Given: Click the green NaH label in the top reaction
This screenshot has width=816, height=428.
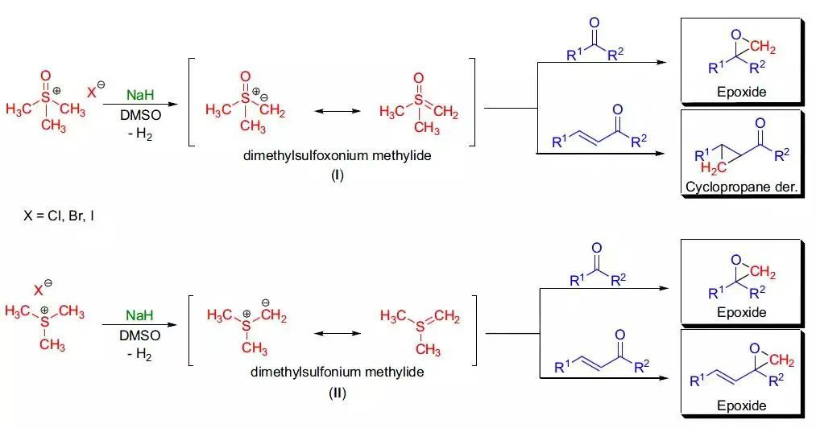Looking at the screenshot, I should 139,95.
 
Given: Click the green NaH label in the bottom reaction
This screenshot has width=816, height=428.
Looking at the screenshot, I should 139,316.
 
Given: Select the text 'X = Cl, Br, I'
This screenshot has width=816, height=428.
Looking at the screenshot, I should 60,216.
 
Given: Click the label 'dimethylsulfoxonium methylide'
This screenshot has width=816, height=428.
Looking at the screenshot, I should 337,156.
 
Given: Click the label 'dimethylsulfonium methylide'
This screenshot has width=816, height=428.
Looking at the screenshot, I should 337,372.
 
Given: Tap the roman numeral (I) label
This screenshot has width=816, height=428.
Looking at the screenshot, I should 337,175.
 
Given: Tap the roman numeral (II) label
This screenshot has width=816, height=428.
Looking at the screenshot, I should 337,393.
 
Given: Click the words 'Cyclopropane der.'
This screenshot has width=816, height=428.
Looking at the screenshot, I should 741,187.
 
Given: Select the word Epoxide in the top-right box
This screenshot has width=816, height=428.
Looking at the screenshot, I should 741,93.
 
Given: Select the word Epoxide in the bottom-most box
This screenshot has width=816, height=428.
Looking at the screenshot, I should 741,405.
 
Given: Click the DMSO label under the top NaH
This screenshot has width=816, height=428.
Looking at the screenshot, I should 140,115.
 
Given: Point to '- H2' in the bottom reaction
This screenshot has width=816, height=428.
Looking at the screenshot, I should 140,353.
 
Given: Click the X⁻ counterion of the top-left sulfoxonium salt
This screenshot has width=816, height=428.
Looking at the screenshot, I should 95,91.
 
